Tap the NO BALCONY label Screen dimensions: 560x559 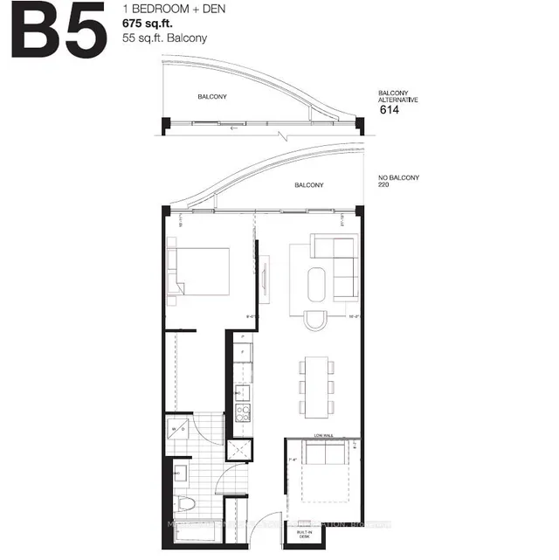click(399, 177)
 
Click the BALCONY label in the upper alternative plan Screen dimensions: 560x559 click(212, 96)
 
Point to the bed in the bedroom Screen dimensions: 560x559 click(201, 273)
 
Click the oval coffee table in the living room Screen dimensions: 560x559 click(317, 284)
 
